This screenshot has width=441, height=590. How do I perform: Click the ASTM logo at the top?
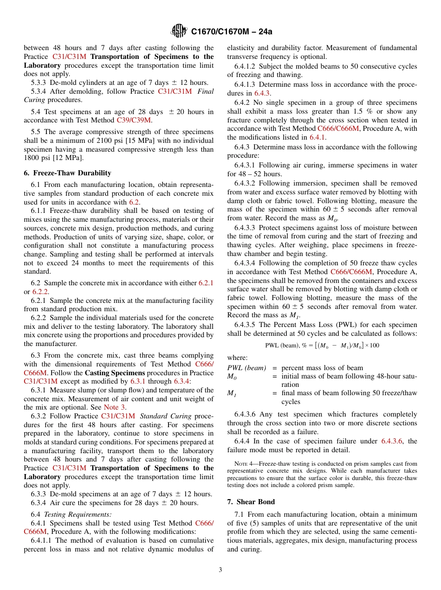click(x=178, y=32)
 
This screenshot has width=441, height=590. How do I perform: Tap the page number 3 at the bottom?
click(x=220, y=570)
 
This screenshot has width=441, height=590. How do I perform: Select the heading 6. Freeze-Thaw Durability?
click(x=67, y=173)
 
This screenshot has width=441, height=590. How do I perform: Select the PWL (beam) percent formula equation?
click(x=322, y=346)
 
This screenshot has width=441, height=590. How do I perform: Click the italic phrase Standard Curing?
click(x=166, y=416)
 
